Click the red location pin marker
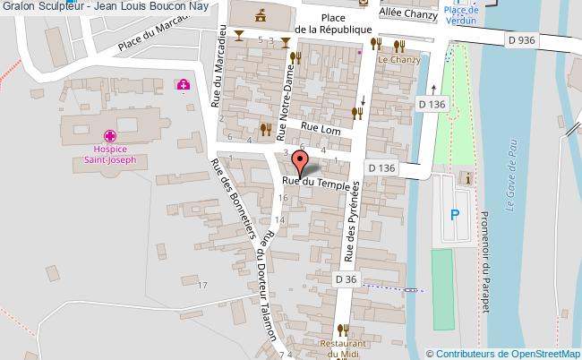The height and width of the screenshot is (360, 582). (300, 163)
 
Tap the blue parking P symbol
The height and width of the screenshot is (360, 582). (455, 214)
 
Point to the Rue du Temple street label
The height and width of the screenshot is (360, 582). (313, 181)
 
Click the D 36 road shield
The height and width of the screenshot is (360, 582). (347, 279)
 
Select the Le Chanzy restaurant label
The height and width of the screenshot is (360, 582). (398, 60)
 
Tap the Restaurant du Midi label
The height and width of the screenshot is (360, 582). (346, 348)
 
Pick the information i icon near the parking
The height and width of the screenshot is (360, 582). (466, 178)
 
